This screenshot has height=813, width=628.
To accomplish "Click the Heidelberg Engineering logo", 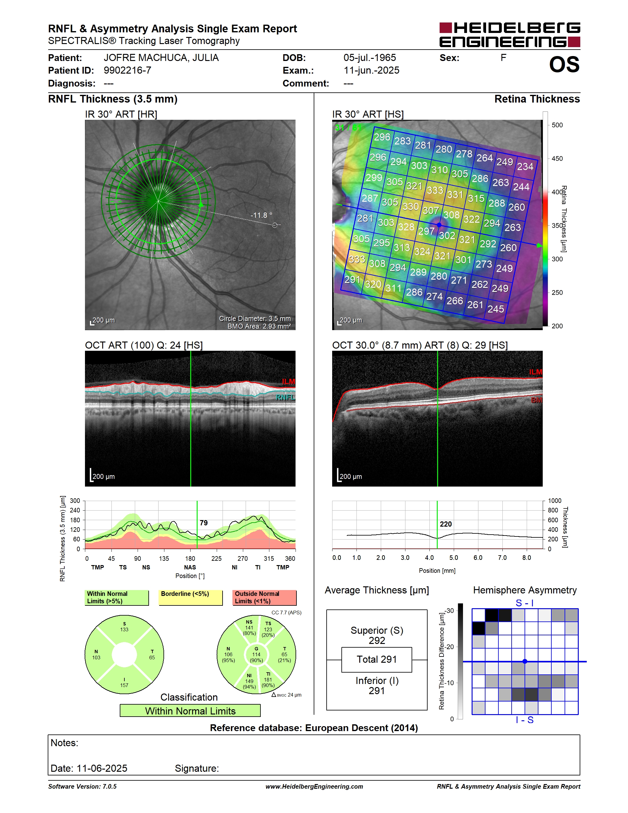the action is [x=510, y=34].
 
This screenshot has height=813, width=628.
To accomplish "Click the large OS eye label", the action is [x=564, y=64].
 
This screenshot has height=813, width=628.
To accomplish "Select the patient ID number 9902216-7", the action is [x=127, y=70].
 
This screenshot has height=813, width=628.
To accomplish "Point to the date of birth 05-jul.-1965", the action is [x=369, y=58].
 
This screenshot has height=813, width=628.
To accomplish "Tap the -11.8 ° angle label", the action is [x=261, y=215].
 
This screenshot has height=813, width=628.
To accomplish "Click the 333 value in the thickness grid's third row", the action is [x=435, y=190].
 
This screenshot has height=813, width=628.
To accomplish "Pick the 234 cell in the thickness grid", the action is [x=525, y=166].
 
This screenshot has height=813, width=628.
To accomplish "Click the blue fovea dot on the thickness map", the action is [x=439, y=225].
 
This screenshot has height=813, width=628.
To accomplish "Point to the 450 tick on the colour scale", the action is [x=557, y=159].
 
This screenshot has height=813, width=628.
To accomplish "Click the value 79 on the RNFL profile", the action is [x=203, y=523].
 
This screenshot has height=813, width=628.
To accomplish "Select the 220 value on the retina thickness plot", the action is [x=446, y=524].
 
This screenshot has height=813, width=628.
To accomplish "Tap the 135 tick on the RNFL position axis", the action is [x=164, y=558].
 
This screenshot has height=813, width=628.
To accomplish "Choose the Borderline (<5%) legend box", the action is [x=191, y=597].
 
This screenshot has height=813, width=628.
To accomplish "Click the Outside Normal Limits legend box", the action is [x=264, y=597].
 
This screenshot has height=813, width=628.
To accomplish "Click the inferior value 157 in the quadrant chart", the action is [x=124, y=685].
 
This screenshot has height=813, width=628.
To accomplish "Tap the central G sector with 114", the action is [x=256, y=654].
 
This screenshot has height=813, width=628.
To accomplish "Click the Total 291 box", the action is [x=376, y=660].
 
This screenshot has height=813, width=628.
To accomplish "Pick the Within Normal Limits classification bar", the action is [x=190, y=711].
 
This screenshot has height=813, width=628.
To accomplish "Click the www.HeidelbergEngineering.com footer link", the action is [x=314, y=786].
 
